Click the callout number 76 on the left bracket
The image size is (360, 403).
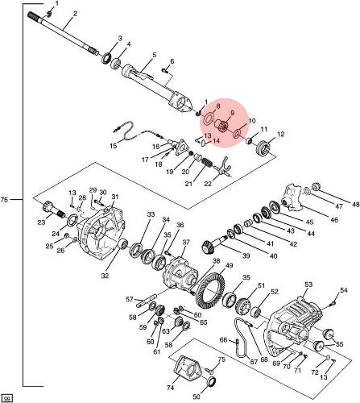point(5,200)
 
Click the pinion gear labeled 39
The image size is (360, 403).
point(213,245)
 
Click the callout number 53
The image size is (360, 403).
point(308,285)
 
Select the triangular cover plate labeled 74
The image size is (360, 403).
point(188,371)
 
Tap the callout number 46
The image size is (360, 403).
point(334,220)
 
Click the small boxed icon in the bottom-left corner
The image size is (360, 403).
point(7,398)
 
